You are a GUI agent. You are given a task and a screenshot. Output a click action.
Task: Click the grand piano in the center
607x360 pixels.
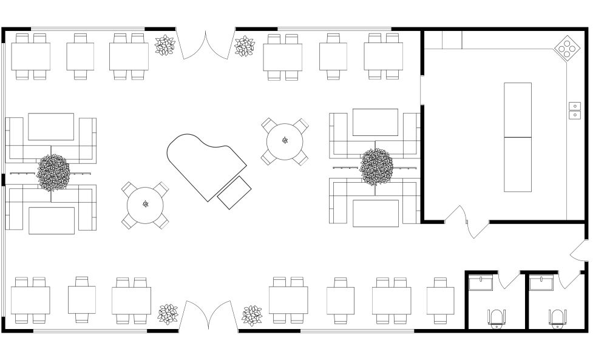tap(203, 164)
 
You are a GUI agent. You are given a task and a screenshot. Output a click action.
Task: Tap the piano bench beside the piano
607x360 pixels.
tap(234, 193)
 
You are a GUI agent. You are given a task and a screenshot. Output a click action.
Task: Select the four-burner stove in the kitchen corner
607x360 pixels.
tap(566, 49)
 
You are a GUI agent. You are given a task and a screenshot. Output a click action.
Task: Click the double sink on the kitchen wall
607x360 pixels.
tap(574, 110)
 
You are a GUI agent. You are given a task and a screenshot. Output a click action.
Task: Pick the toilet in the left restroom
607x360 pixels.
tap(497, 318)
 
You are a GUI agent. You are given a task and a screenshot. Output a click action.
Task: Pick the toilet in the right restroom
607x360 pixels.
tap(557, 318)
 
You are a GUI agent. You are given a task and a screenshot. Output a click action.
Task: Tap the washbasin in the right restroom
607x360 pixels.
tap(541, 284)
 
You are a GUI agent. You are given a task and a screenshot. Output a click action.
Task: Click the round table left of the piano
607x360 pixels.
tap(146, 205)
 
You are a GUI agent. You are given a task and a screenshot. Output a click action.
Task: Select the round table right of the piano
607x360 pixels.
tap(285, 141)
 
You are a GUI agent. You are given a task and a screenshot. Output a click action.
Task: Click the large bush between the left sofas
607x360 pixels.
tap(53, 172)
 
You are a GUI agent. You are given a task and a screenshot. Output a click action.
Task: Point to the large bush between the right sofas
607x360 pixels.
tap(376, 167)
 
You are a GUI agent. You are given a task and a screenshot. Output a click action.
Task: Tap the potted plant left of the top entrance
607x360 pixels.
tap(164, 46)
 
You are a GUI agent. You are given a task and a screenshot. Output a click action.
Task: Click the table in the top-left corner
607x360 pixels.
tap(31, 56)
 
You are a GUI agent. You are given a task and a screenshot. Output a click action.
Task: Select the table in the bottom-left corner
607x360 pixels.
tap(31, 301)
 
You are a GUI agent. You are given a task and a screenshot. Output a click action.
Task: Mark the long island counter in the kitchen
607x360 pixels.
tap(518, 137)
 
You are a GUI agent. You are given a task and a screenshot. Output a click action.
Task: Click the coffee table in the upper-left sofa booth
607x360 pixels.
tap(51, 126)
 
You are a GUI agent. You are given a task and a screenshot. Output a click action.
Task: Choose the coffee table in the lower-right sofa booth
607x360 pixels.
tap(376, 213)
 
